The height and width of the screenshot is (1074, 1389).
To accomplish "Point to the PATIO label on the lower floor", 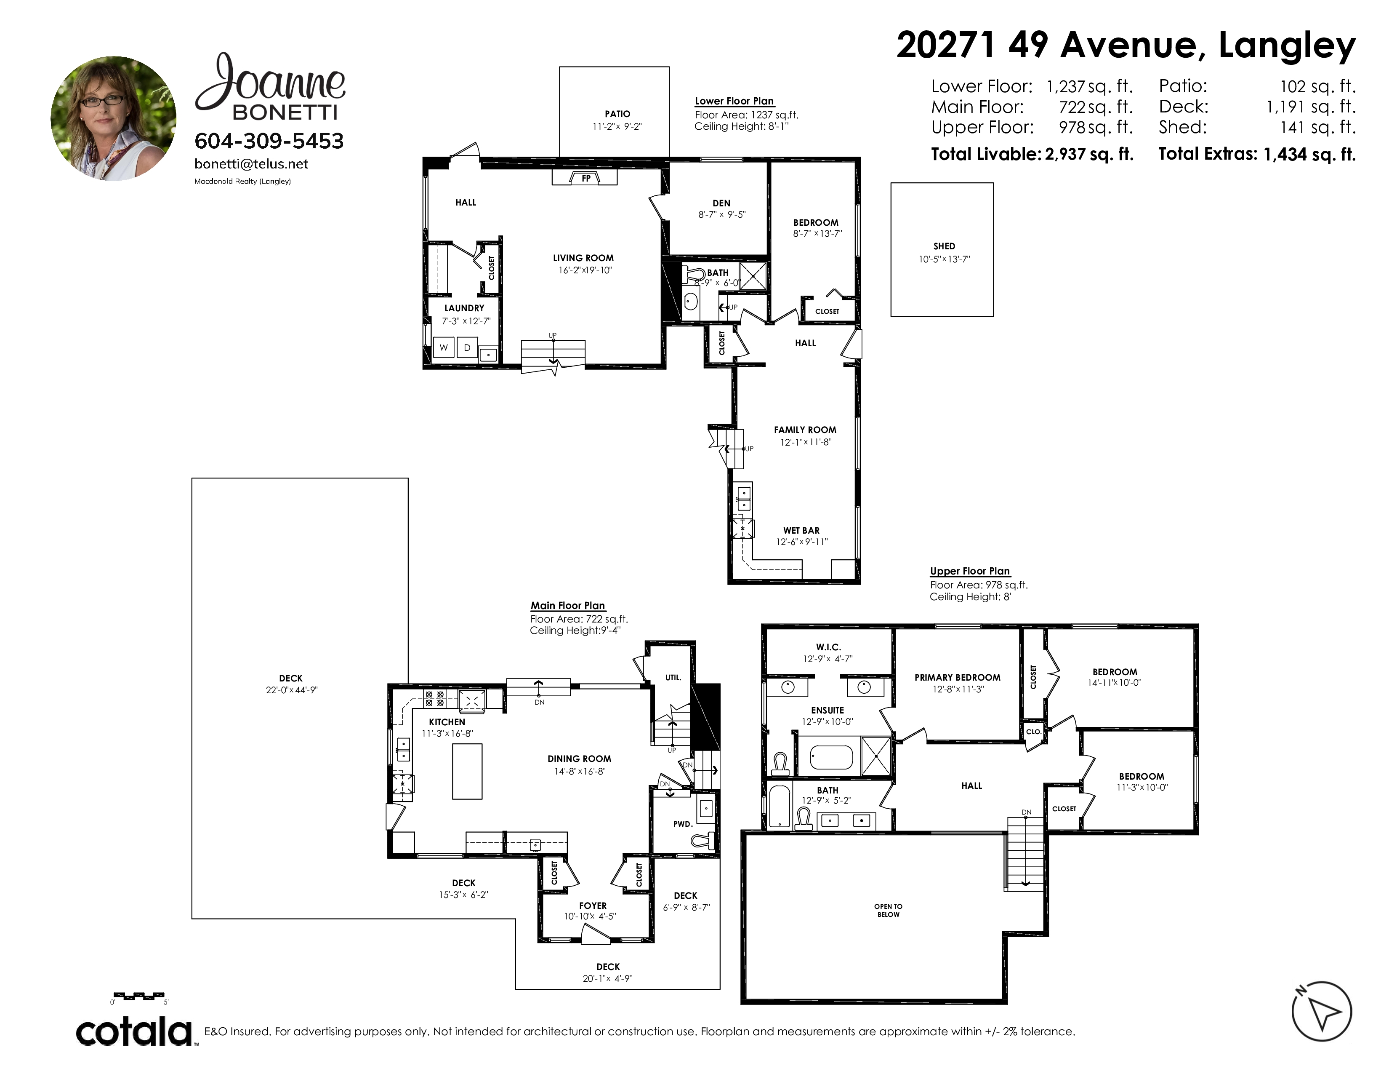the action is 617,114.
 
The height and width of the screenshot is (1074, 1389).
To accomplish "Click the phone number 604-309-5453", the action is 269,141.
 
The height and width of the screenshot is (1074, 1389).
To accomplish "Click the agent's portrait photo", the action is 113,118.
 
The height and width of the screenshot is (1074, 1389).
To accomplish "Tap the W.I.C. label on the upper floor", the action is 828,647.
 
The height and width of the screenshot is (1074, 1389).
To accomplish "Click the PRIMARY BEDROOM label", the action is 957,678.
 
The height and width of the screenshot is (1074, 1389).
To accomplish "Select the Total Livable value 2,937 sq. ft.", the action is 1089,154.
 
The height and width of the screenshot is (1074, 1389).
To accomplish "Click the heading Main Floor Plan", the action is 568,606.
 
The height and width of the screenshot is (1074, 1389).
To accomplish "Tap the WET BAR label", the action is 801,531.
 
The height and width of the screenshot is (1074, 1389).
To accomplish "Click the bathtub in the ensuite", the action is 830,758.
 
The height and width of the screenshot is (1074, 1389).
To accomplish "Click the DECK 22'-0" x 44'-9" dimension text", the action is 291,690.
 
